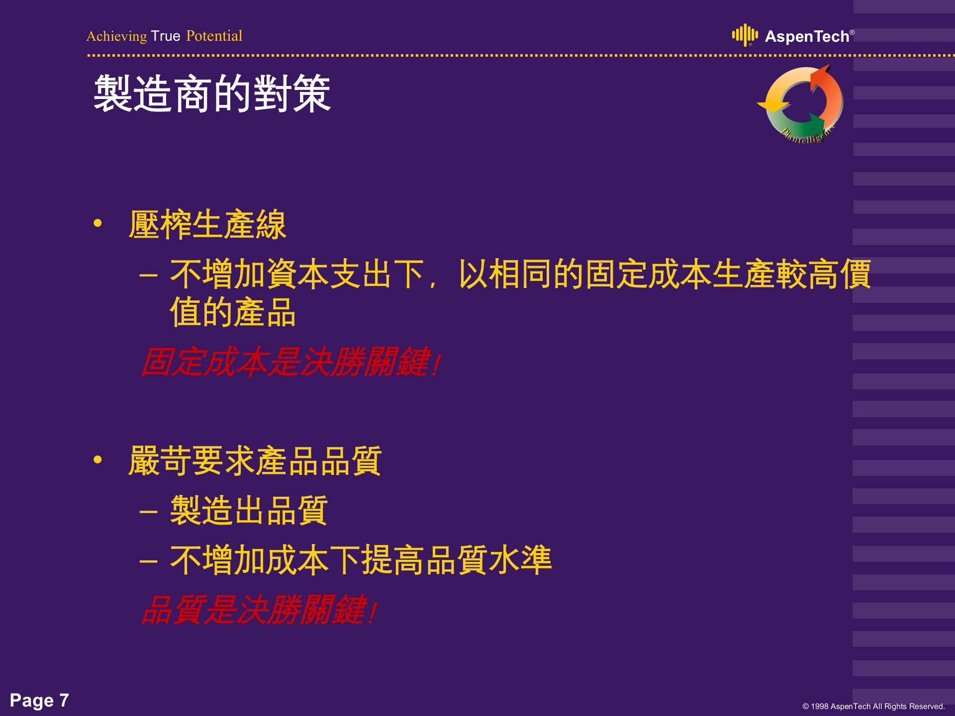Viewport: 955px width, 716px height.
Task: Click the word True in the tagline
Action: pos(166,36)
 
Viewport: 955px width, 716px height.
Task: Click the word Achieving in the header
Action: pos(117,36)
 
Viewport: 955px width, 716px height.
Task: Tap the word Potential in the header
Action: pos(214,36)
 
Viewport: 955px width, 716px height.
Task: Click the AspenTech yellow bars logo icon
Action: pos(745,35)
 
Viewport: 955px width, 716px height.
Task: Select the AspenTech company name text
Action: pos(807,37)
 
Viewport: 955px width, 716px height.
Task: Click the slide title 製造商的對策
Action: pos(212,94)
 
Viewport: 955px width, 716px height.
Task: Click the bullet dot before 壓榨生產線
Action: pos(97,224)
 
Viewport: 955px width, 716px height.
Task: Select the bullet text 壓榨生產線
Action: pos(207,225)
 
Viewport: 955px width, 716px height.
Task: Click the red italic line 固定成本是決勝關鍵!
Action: pos(291,362)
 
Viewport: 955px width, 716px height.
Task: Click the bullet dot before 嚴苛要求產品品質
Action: pos(97,460)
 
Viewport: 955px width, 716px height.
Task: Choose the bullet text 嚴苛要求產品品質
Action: pos(255,461)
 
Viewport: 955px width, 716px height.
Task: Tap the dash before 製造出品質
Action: pos(148,512)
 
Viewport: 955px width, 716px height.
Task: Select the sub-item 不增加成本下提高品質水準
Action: pos(361,560)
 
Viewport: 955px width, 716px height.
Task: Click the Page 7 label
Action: pos(39,700)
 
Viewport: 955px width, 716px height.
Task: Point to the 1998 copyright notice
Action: pos(873,707)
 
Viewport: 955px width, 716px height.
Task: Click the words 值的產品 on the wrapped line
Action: pos(233,312)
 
